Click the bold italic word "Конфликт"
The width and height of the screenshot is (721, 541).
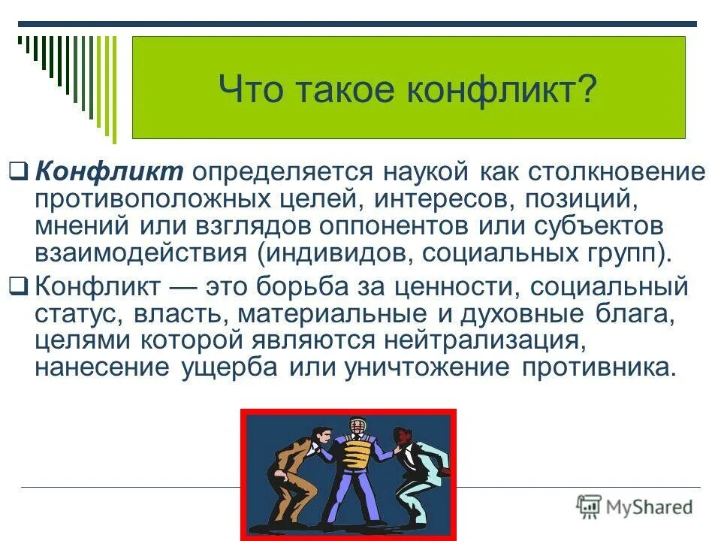pyautogui.click(x=109, y=171)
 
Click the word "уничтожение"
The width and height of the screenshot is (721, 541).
pyautogui.click(x=426, y=367)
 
